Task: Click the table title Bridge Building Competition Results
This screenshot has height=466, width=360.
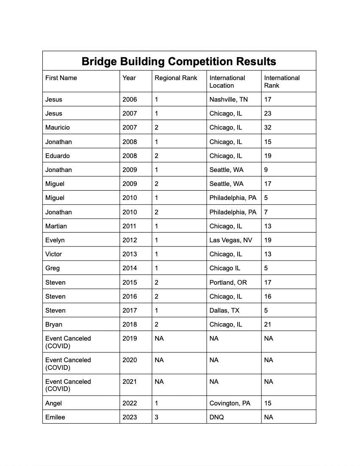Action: [179, 61]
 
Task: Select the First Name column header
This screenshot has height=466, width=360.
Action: [61, 78]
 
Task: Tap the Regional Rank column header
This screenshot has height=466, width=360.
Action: [176, 78]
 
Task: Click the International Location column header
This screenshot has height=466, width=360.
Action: [227, 82]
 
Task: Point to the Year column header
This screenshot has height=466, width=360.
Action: [129, 78]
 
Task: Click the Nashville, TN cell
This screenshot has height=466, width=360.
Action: [229, 100]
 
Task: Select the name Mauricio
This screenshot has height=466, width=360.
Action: [58, 128]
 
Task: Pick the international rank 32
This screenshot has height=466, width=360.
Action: [268, 128]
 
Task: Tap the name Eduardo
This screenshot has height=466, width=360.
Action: [58, 156]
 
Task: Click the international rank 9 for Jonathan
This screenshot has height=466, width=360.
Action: [266, 170]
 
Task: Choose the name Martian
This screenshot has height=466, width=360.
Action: [56, 226]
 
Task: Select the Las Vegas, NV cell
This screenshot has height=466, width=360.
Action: [230, 240]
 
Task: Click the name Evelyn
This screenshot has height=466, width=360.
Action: [55, 240]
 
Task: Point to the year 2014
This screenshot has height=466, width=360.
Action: [130, 268]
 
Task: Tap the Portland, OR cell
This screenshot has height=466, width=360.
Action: [228, 283]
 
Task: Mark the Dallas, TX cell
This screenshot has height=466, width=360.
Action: [224, 311]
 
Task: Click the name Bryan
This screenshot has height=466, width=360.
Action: [54, 325]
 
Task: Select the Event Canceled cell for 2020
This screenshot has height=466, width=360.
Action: [68, 363]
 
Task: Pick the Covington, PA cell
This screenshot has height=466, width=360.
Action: [230, 403]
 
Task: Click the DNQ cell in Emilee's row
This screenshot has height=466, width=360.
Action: [216, 417]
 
